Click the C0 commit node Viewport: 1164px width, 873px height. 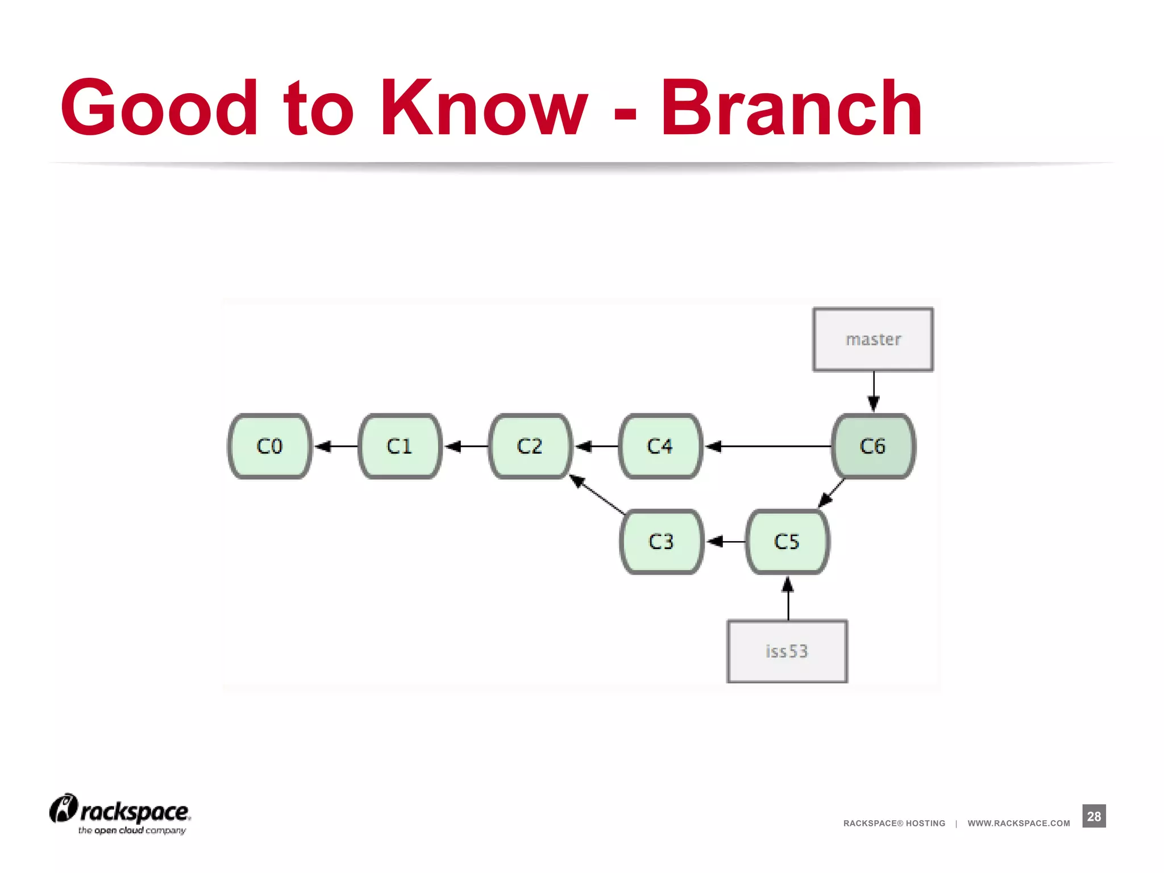pos(269,446)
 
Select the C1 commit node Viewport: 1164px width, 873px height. pos(400,446)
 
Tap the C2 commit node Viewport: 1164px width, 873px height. pos(530,446)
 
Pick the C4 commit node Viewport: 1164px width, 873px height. pos(660,446)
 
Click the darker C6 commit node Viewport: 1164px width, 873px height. pos(873,446)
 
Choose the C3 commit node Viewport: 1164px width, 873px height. pos(661,542)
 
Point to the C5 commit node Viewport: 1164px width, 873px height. pos(787,542)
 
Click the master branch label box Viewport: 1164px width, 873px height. pos(873,339)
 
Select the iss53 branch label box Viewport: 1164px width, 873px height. pos(787,651)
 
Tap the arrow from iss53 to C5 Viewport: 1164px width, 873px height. pos(788,598)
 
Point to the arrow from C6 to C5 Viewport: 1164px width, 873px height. pos(832,493)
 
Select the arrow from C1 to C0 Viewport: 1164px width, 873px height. pos(336,447)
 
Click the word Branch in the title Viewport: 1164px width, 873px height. pos(791,108)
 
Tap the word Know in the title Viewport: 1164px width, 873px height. pos(484,108)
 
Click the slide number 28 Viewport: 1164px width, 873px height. pos(1094,816)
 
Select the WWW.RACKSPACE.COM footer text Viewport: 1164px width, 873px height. pos(1018,823)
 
